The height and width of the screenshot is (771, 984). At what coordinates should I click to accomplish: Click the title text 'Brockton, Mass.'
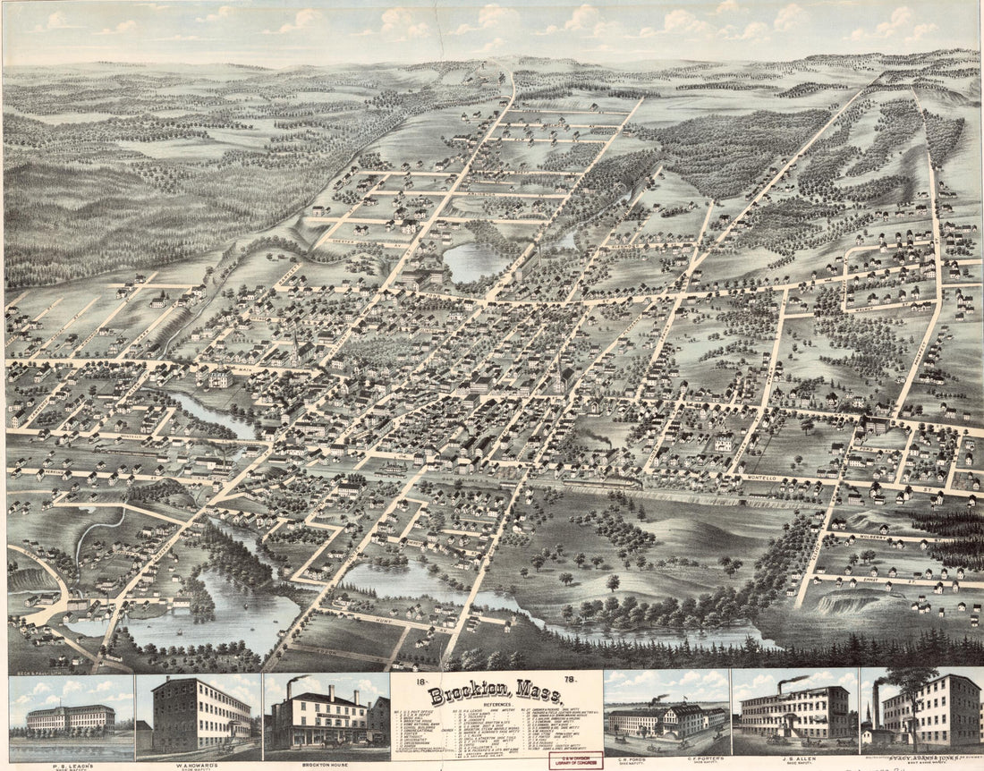495,695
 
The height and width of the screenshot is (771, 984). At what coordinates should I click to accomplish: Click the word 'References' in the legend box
495,707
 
